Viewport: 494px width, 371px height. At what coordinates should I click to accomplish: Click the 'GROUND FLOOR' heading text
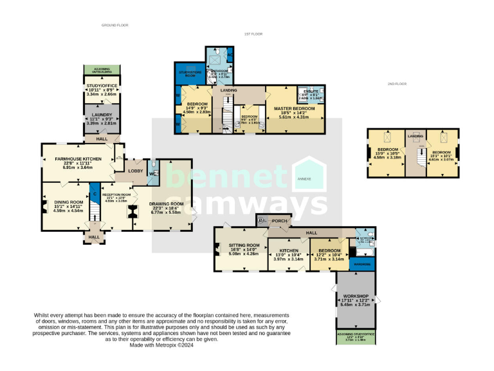pyautogui.click(x=114, y=25)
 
